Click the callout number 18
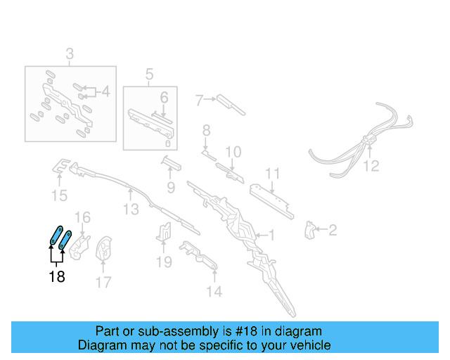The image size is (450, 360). pos(57,277)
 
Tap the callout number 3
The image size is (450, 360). pos(70,54)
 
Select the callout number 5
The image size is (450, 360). pos(149,74)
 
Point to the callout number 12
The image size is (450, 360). pos(371,167)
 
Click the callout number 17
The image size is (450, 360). pos(103,283)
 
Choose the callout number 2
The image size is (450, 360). pos(332,229)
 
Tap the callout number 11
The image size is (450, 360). pos(273,174)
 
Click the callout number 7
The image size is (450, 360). pos(199,100)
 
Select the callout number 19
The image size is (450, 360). pos(164,262)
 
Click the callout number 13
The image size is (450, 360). pos(131,209)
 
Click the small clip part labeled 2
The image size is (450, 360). pos(309,229)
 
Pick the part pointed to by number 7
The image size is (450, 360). pos(230,104)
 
